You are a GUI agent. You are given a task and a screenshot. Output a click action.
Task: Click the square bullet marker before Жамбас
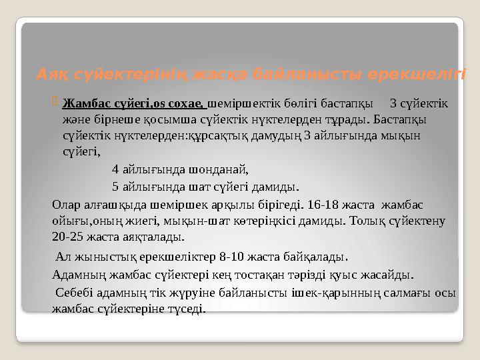(55, 102)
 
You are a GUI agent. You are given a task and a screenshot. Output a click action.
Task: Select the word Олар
(65, 205)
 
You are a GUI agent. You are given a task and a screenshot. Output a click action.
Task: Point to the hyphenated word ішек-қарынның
(329, 293)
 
